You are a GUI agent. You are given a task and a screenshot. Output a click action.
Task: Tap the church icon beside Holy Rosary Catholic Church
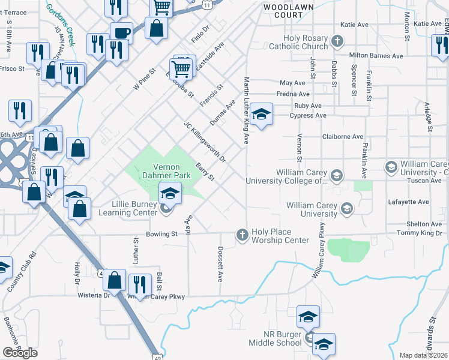(337, 41)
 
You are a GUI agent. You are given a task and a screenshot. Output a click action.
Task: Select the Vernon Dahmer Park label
(158, 170)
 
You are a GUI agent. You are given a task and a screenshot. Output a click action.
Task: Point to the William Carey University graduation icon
(346, 209)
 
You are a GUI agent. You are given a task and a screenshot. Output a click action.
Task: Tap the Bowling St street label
(161, 234)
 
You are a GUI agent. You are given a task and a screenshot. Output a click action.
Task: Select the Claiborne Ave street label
(343, 137)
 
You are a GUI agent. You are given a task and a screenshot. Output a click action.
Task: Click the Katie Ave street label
(354, 25)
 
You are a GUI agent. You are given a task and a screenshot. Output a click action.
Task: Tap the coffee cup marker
(121, 33)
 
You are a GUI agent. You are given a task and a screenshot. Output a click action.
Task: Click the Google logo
(20, 352)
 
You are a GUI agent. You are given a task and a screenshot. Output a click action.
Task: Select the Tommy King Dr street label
(419, 233)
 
